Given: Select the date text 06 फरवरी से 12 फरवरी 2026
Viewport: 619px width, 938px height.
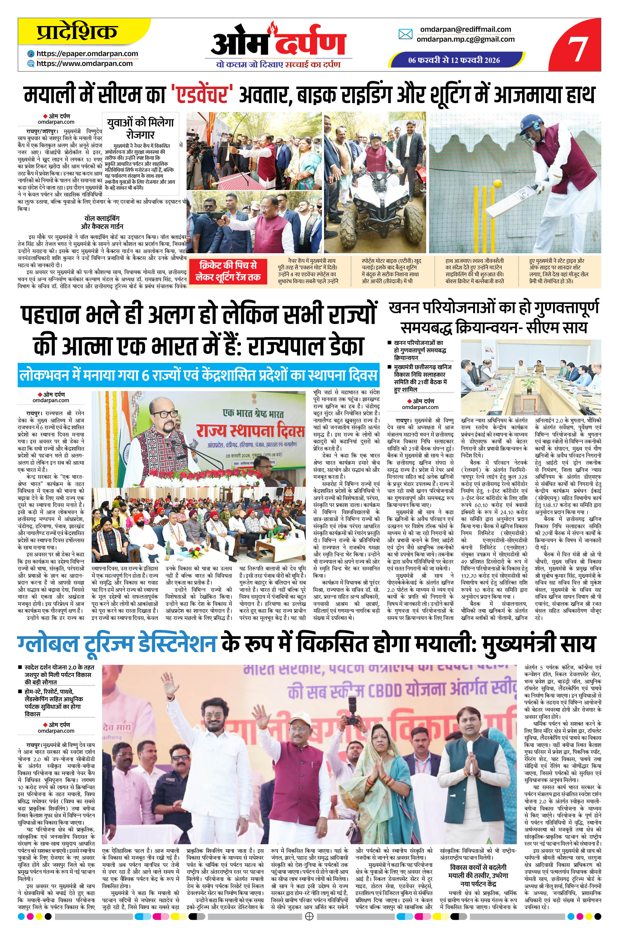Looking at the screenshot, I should pyautogui.click(x=454, y=60).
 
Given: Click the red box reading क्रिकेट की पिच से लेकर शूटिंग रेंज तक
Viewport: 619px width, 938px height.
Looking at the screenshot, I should pyautogui.click(x=228, y=271).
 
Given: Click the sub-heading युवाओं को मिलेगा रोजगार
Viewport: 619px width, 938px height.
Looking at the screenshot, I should pyautogui.click(x=140, y=127).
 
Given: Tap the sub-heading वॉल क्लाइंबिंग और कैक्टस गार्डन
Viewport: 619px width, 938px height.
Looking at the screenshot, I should pyautogui.click(x=102, y=222).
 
